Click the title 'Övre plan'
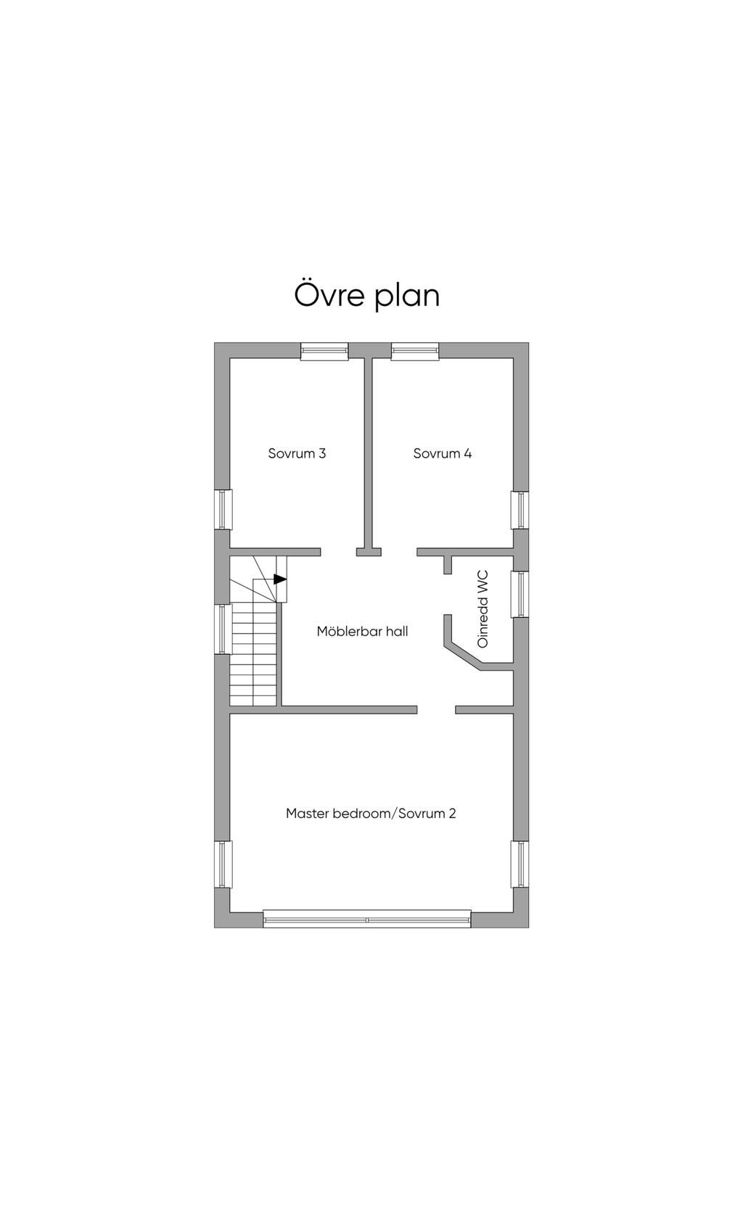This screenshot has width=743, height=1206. tap(367, 294)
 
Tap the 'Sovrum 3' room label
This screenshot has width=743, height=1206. tap(297, 453)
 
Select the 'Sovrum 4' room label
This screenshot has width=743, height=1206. tap(443, 453)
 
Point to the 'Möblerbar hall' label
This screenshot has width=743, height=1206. tap(362, 631)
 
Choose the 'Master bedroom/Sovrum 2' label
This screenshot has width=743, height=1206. tap(371, 813)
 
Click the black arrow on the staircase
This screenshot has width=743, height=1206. tap(279, 579)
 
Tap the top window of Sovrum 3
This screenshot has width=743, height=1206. tap(324, 351)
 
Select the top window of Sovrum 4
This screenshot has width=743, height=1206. tap(415, 351)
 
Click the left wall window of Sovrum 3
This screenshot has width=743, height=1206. tap(223, 509)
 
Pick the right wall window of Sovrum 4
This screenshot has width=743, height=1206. tap(520, 510)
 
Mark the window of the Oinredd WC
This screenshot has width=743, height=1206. tap(520, 594)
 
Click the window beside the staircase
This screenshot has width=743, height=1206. tap(223, 629)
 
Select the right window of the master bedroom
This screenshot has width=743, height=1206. tap(520, 864)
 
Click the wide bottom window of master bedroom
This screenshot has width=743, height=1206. tap(367, 919)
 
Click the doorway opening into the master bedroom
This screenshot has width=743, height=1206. tap(436, 709)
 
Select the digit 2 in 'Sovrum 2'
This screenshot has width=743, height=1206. tap(452, 813)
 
